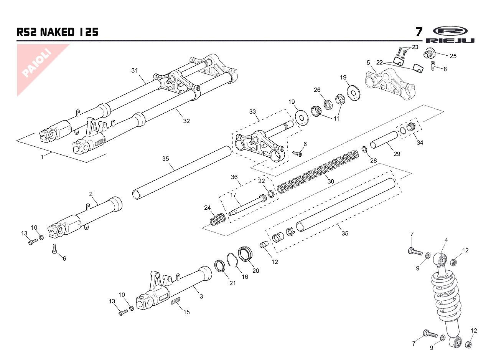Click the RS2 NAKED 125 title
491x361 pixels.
click(58, 32)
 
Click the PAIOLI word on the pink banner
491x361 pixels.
click(37, 63)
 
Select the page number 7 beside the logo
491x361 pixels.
click(419, 31)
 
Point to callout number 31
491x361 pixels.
click(134, 70)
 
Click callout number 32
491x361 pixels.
click(186, 121)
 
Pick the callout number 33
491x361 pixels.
click(252, 112)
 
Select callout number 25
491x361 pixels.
click(453, 56)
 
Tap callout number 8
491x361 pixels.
click(445, 70)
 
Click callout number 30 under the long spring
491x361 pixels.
click(330, 181)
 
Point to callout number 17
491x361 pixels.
click(233, 195)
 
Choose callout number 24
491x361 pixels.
click(208, 208)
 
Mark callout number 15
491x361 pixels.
click(186, 312)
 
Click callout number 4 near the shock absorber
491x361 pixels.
click(446, 240)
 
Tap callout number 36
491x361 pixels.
click(234, 177)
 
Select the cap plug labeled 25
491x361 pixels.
click(428, 53)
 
